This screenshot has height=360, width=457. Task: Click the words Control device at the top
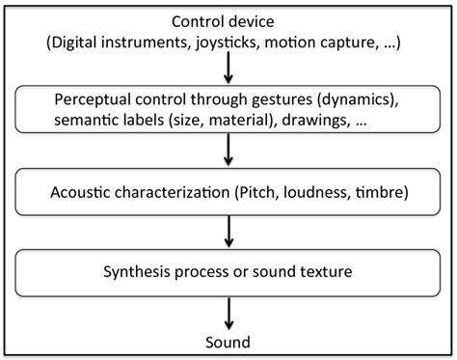click(228, 21)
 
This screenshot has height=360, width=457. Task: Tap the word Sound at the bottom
click(228, 342)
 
